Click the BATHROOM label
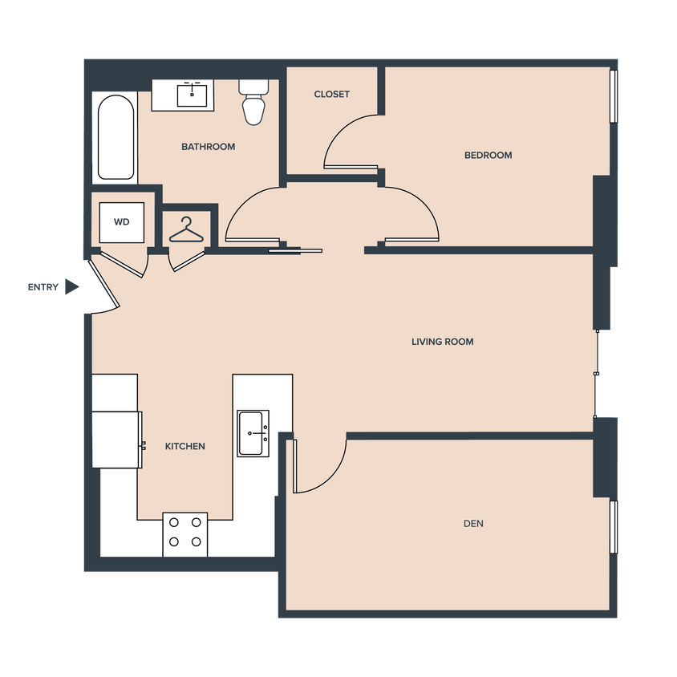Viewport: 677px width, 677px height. tap(208, 147)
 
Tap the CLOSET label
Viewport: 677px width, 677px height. tap(331, 94)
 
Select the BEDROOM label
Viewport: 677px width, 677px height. tap(488, 155)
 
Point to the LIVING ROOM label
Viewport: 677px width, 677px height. tap(442, 342)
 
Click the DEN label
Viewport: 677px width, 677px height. tap(473, 524)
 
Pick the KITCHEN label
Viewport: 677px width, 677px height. tap(185, 446)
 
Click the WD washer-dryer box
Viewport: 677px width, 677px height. tap(122, 221)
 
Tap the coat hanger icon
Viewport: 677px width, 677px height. tap(186, 230)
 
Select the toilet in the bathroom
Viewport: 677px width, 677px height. tap(253, 102)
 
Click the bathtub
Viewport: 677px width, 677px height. tap(116, 138)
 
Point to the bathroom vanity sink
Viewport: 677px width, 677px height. tap(193, 94)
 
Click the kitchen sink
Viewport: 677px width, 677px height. tap(253, 433)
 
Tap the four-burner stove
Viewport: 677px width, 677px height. tap(185, 534)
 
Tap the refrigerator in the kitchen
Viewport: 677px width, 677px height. tap(117, 439)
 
